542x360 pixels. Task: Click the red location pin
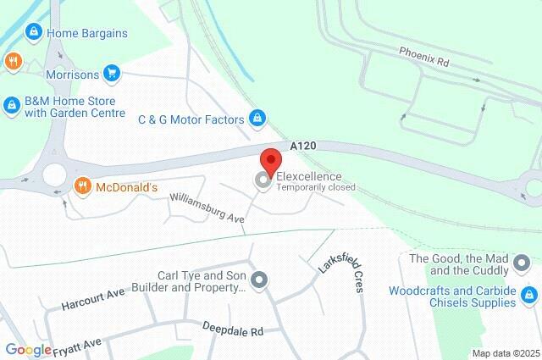[x=270, y=160]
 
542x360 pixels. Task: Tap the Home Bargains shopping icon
[x=33, y=32]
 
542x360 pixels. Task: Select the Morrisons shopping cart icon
[x=111, y=74]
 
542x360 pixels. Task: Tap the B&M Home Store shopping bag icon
[x=11, y=105]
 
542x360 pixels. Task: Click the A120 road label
[x=302, y=147]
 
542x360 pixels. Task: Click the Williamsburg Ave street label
[x=207, y=207]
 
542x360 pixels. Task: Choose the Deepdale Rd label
[x=233, y=330]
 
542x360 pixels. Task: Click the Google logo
[x=28, y=350]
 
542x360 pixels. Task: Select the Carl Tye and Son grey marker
[x=260, y=280]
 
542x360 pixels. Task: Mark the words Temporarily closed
[x=315, y=186]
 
